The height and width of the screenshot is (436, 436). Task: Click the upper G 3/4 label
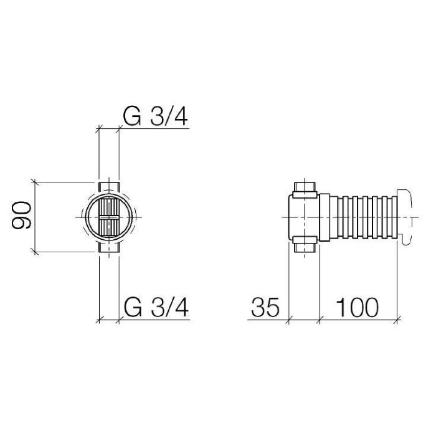coord(155,116)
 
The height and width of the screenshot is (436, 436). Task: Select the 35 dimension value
coord(265,307)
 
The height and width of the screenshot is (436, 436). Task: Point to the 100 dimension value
coord(358,307)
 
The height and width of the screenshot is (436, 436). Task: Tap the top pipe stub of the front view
coord(109,187)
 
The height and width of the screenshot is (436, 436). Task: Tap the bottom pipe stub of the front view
coord(109,247)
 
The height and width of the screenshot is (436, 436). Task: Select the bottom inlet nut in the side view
coord(305,244)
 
